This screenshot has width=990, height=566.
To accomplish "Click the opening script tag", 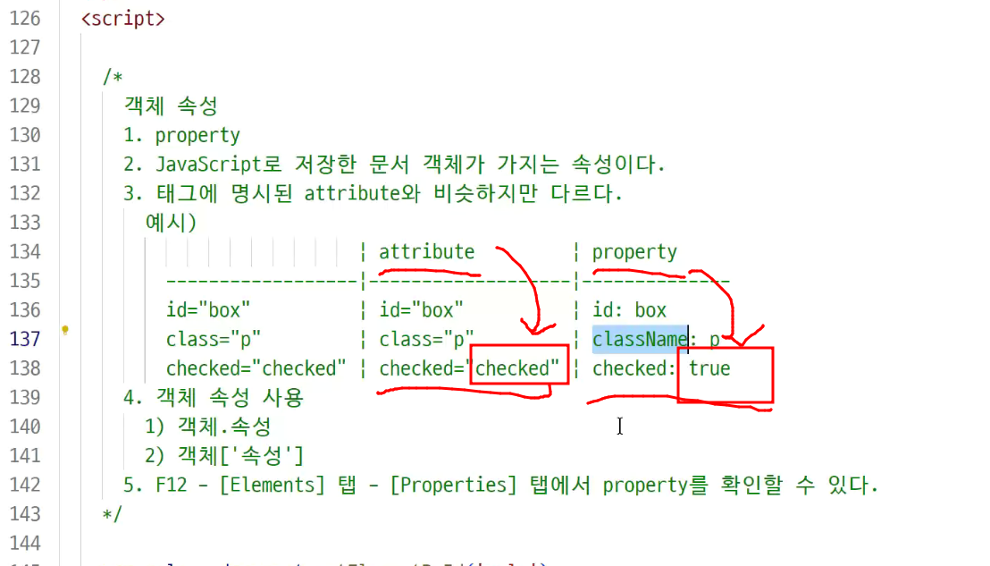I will [122, 18].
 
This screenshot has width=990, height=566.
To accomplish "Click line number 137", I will [25, 339].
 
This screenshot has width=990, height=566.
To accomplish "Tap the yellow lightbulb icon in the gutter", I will [65, 330].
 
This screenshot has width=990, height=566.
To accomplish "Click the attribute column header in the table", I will [426, 251].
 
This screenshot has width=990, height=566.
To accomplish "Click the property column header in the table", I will [634, 251].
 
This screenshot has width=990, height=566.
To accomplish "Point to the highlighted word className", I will [639, 339].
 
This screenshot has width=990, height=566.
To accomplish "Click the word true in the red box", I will [709, 367].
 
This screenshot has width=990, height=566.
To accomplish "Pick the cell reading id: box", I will [629, 310].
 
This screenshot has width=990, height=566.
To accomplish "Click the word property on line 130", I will [197, 135].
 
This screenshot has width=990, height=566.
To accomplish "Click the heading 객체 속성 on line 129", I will [171, 106].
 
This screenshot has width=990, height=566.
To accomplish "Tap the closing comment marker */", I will [113, 514].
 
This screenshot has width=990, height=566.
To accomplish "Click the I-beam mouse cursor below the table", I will [619, 427].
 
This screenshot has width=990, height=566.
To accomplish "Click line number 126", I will [25, 18].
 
